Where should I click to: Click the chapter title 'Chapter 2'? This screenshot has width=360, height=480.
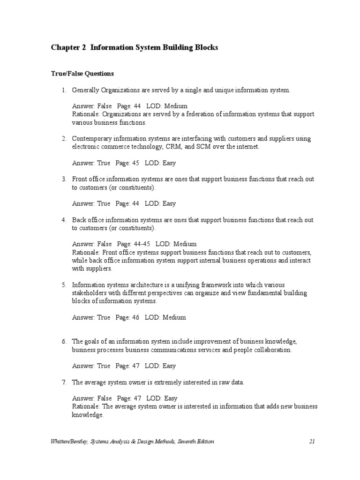[68, 48]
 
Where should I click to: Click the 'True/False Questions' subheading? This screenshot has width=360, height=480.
[82, 74]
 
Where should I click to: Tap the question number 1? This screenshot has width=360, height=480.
[63, 90]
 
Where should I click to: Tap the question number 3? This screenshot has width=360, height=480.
[63, 179]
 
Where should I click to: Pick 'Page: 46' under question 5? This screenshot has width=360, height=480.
[128, 317]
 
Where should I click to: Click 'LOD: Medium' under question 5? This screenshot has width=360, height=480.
[165, 317]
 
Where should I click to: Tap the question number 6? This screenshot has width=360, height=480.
[63, 342]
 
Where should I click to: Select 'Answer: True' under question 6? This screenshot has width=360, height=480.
[91, 366]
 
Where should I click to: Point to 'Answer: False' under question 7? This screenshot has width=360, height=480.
[92, 398]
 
